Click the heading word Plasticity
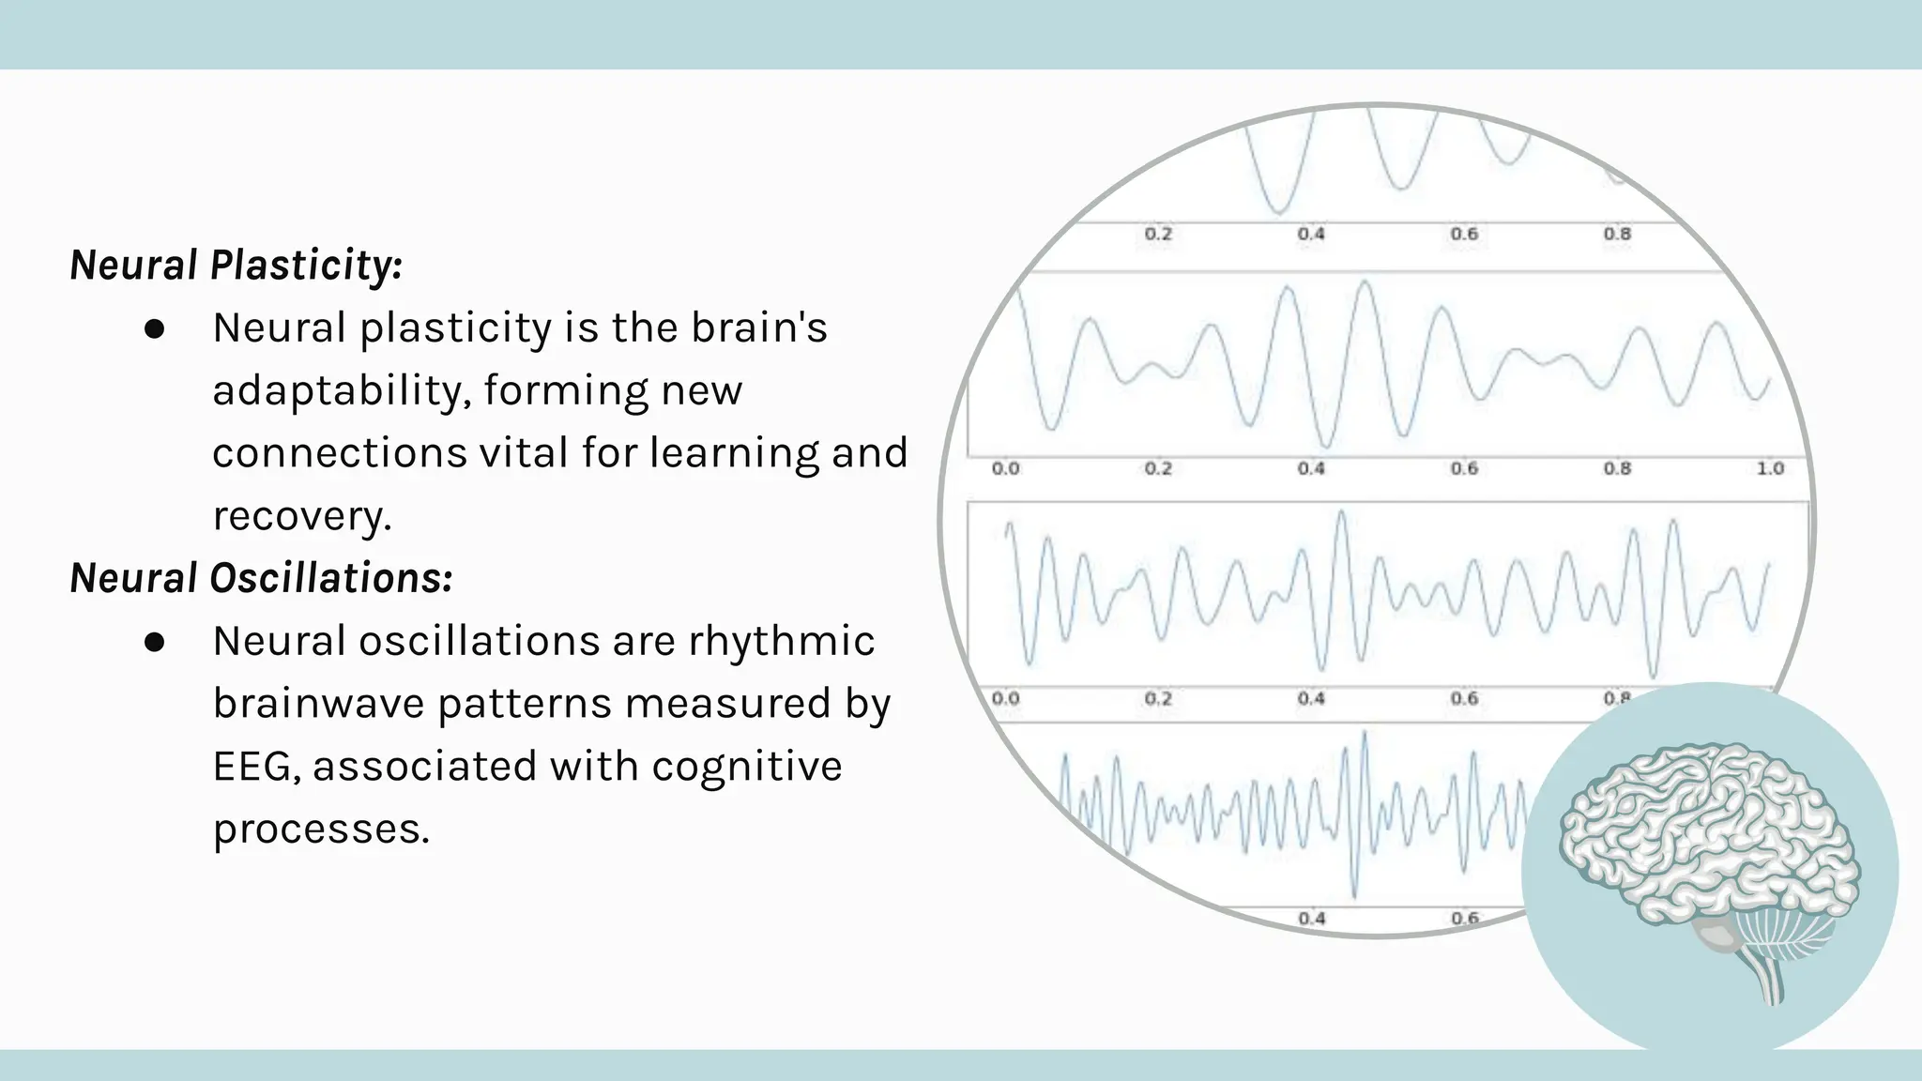(x=306, y=266)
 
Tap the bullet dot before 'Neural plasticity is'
(x=155, y=329)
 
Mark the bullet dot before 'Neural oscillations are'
(x=155, y=642)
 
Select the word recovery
(x=301, y=516)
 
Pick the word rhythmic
(x=781, y=642)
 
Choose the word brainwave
(x=317, y=704)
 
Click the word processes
(x=321, y=830)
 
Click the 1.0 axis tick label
(x=1770, y=468)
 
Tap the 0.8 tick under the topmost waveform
(x=1616, y=234)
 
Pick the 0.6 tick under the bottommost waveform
(x=1464, y=918)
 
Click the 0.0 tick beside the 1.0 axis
(x=1005, y=468)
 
